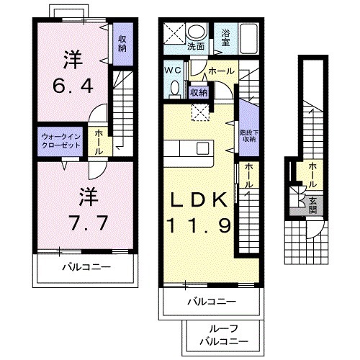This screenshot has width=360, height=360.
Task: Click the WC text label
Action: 173,71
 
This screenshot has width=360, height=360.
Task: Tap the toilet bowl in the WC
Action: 174,88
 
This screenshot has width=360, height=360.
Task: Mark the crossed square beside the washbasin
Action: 174,34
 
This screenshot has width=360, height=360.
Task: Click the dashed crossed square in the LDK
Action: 199,109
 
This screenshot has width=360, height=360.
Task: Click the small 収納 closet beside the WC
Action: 199,91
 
